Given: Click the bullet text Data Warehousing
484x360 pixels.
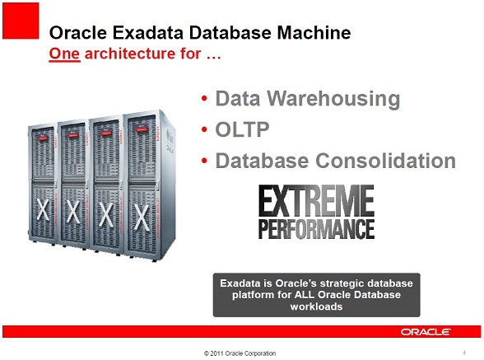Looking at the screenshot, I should tap(307, 100).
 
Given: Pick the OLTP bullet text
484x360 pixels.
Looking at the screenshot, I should tap(240, 130).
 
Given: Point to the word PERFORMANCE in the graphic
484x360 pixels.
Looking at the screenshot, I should tap(317, 227).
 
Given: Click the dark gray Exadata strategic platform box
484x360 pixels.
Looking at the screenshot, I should tap(316, 294).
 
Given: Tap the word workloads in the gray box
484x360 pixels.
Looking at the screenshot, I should tap(316, 306).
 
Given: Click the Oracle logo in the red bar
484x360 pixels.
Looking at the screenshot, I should tap(426, 331).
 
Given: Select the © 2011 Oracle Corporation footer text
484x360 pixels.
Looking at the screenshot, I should tap(240, 353).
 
